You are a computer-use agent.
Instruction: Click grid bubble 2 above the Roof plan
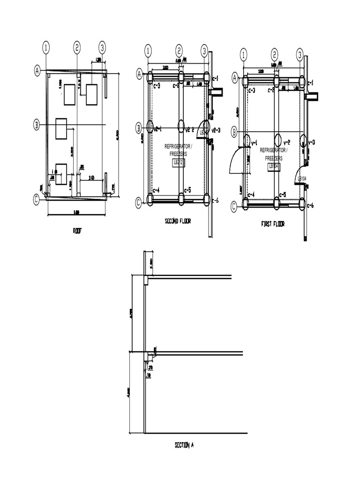click(x=77, y=47)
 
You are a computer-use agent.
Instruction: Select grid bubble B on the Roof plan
click(x=37, y=125)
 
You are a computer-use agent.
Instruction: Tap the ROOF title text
click(x=77, y=230)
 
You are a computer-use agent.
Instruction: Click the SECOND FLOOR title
click(x=178, y=221)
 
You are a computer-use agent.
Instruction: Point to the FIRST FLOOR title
click(x=272, y=224)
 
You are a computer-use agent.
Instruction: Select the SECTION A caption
click(x=184, y=445)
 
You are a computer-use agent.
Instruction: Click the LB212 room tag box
click(x=179, y=162)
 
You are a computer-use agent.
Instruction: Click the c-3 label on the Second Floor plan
click(x=157, y=86)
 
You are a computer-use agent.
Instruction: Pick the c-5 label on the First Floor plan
click(x=283, y=195)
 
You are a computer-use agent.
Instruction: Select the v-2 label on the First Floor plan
click(x=287, y=142)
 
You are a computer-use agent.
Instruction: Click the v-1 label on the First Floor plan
click(x=255, y=142)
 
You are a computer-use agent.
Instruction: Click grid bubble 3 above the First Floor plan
click(x=300, y=55)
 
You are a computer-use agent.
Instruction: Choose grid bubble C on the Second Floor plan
click(x=139, y=202)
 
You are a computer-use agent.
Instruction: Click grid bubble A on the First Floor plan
click(x=235, y=78)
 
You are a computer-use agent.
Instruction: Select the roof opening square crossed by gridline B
click(x=61, y=128)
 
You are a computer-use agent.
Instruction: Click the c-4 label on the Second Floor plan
click(x=157, y=190)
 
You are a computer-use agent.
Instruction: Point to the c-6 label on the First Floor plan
click(x=310, y=205)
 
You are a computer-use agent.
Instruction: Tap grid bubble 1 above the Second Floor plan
click(x=148, y=51)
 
